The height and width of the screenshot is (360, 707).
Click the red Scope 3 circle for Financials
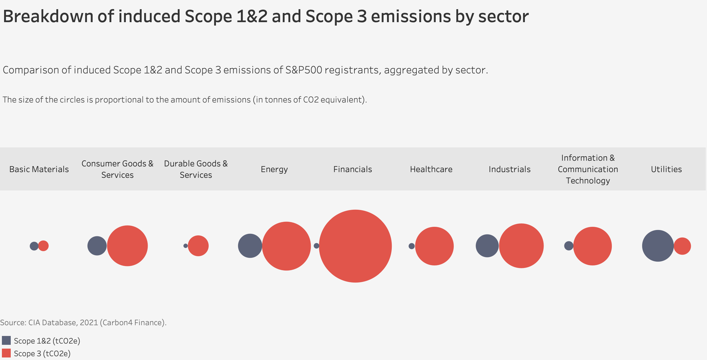[355, 246]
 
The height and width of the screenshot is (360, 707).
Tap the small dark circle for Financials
[316, 246]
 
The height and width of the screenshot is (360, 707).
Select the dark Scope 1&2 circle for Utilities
[657, 246]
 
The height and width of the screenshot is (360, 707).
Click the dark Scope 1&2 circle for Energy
[249, 246]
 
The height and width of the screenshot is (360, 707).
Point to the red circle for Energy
[286, 246]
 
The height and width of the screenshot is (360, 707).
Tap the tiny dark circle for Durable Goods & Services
[186, 246]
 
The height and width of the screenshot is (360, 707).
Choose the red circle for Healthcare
[434, 246]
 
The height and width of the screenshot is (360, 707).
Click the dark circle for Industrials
[487, 246]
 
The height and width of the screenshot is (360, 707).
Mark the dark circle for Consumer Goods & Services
[97, 246]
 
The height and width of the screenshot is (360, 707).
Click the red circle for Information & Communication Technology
[593, 246]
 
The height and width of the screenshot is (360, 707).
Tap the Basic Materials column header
[39, 169]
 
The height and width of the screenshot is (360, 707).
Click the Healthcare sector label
[431, 169]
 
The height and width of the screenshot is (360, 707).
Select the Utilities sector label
[666, 169]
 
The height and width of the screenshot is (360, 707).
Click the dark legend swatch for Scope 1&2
[6, 340]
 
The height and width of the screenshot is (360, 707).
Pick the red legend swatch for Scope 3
[6, 353]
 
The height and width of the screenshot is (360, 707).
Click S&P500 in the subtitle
[304, 70]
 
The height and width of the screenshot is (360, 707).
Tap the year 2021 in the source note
[89, 323]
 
